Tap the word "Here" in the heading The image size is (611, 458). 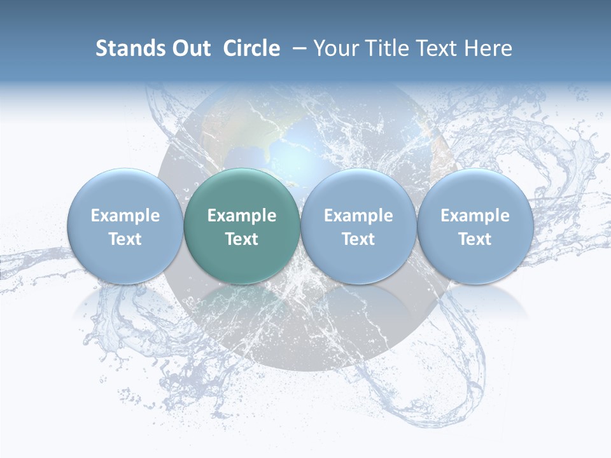489,48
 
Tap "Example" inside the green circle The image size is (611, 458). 242,216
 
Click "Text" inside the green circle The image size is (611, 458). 242,239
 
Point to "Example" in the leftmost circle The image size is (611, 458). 125,216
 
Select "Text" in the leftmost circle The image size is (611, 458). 125,239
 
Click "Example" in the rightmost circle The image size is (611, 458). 475,216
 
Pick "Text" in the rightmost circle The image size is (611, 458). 475,239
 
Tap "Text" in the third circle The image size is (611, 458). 358,239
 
